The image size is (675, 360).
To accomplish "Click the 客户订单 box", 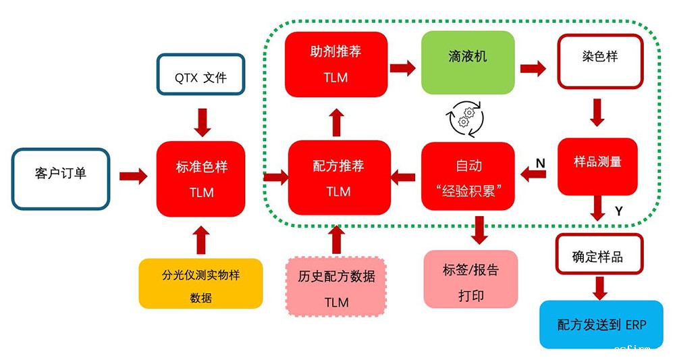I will [x=61, y=179].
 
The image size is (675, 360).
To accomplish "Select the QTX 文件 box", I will [x=200, y=77].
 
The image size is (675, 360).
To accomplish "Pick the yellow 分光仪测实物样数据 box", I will [x=200, y=284].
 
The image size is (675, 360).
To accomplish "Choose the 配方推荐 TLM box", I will [x=338, y=178].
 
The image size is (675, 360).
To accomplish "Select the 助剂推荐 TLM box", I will [x=336, y=63].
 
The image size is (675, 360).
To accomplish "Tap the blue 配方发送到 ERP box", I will [x=601, y=324].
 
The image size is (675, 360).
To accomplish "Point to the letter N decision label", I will [x=541, y=163].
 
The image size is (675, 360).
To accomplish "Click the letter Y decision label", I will [x=618, y=211].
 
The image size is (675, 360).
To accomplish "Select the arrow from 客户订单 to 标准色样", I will [x=133, y=177].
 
